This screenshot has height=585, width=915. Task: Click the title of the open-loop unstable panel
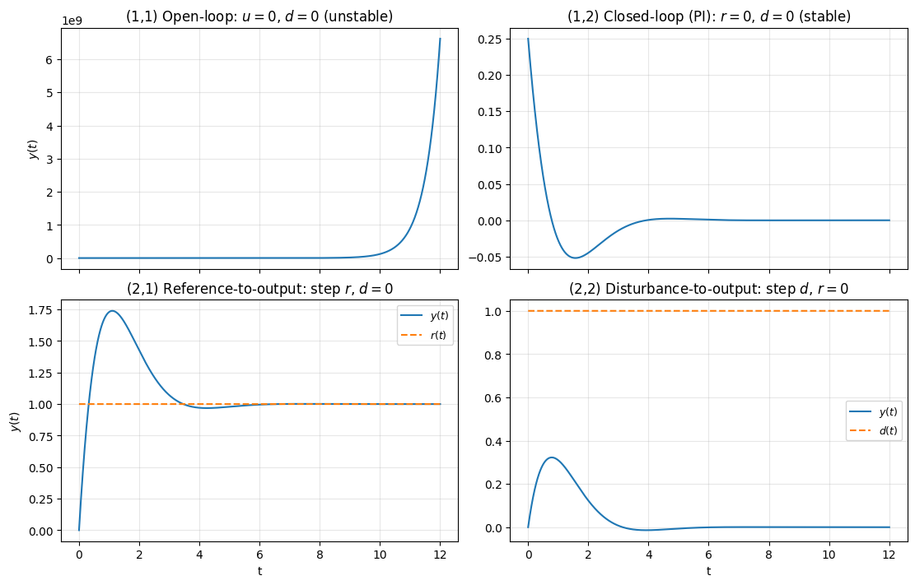pyautogui.click(x=259, y=16)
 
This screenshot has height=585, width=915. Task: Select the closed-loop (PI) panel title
pyautogui.click(x=709, y=16)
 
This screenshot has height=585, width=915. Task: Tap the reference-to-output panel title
pyautogui.click(x=259, y=289)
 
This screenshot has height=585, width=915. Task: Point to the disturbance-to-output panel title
pyautogui.click(x=709, y=289)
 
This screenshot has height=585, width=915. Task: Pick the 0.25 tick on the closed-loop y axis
pyautogui.click(x=492, y=39)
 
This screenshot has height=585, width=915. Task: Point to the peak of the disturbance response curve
pyautogui.click(x=552, y=457)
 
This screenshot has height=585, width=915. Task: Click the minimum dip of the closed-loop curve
pyautogui.click(x=575, y=258)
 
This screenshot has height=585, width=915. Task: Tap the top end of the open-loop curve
pyautogui.click(x=440, y=39)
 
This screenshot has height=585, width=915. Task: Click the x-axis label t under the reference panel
pyautogui.click(x=259, y=570)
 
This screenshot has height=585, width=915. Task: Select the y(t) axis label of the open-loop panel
pyautogui.click(x=34, y=145)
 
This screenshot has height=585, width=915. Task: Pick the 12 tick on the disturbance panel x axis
pyautogui.click(x=889, y=549)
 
